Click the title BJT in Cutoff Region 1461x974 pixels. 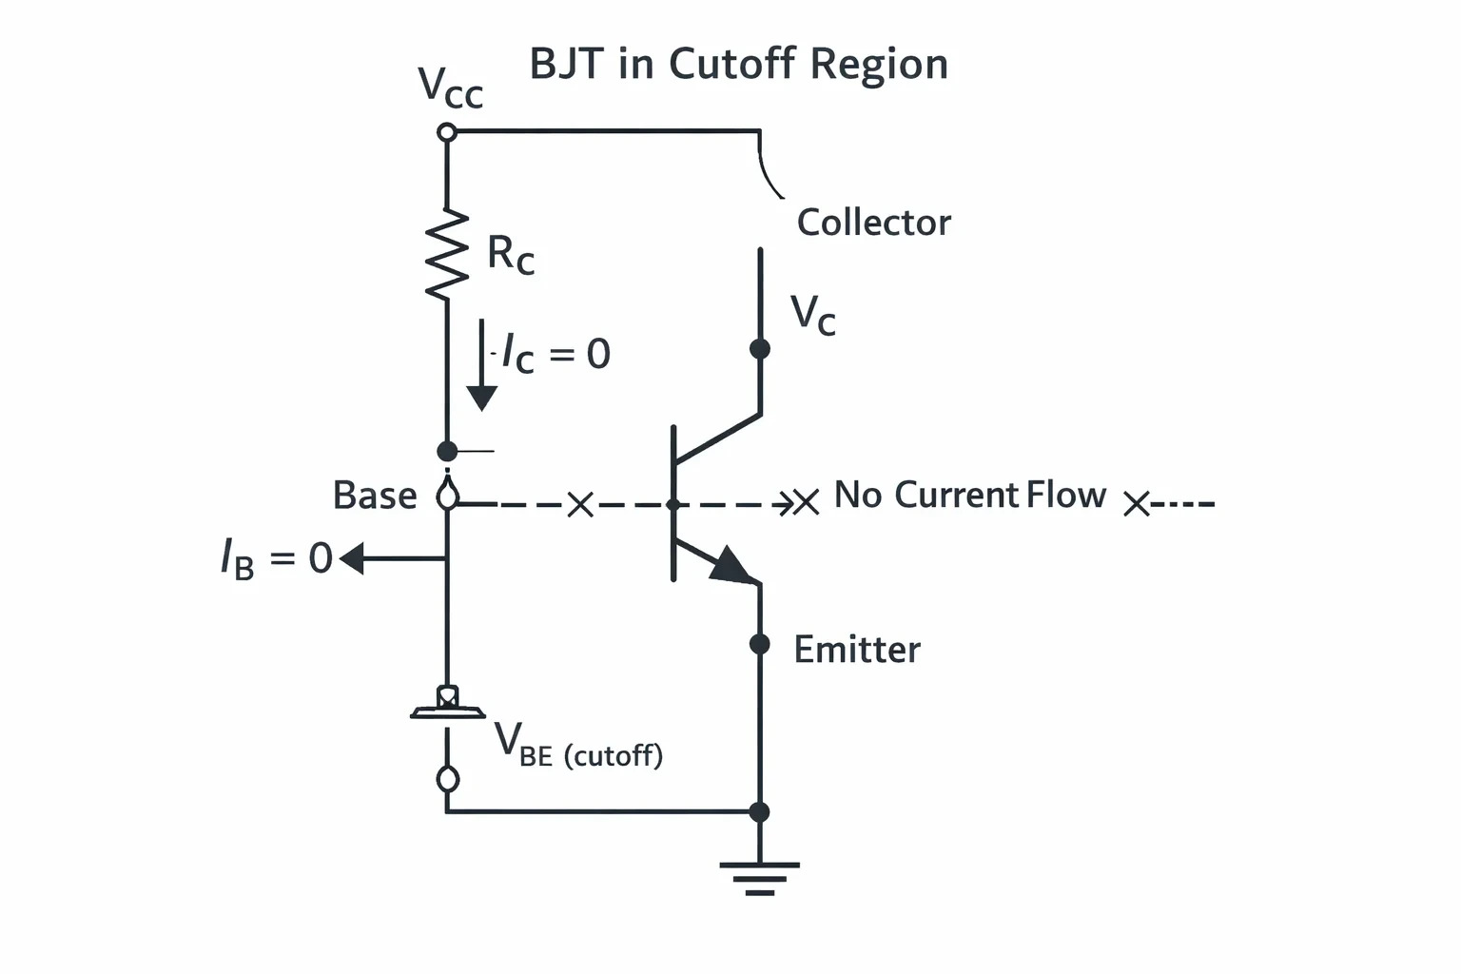pos(738,64)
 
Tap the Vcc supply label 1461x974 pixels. pos(450,88)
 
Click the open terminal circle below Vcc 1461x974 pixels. pos(447,132)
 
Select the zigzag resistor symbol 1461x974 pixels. pos(447,254)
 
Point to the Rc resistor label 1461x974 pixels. pos(511,254)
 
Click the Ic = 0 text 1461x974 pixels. pos(556,354)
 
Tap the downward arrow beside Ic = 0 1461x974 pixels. pos(482,365)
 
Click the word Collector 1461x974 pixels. pos(874,223)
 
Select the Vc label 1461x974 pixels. pos(812,315)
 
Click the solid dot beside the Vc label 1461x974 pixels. pos(760,349)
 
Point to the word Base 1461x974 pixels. pos(375,496)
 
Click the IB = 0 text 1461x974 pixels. pos(277,558)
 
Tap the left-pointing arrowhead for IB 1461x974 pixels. pos(352,558)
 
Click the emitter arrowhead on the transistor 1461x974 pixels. pos(732,565)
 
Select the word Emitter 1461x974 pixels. pos(857,650)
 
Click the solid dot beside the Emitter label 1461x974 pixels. pos(760,645)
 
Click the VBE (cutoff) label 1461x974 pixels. pos(578,747)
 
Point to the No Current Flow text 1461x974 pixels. pos(970,495)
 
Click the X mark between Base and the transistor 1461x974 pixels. pos(580,505)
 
